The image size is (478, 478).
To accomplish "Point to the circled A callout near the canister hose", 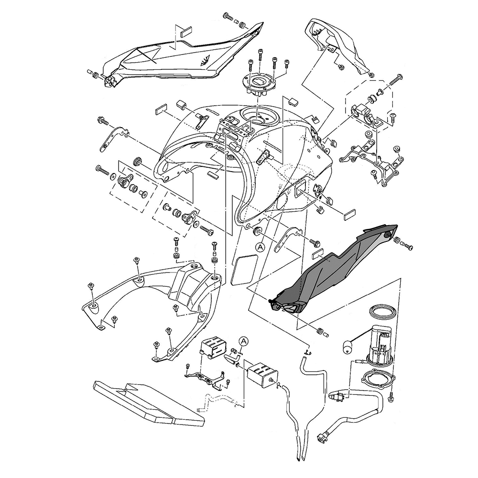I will tap(244, 341).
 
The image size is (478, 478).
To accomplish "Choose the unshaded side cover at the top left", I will tap(177, 57).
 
